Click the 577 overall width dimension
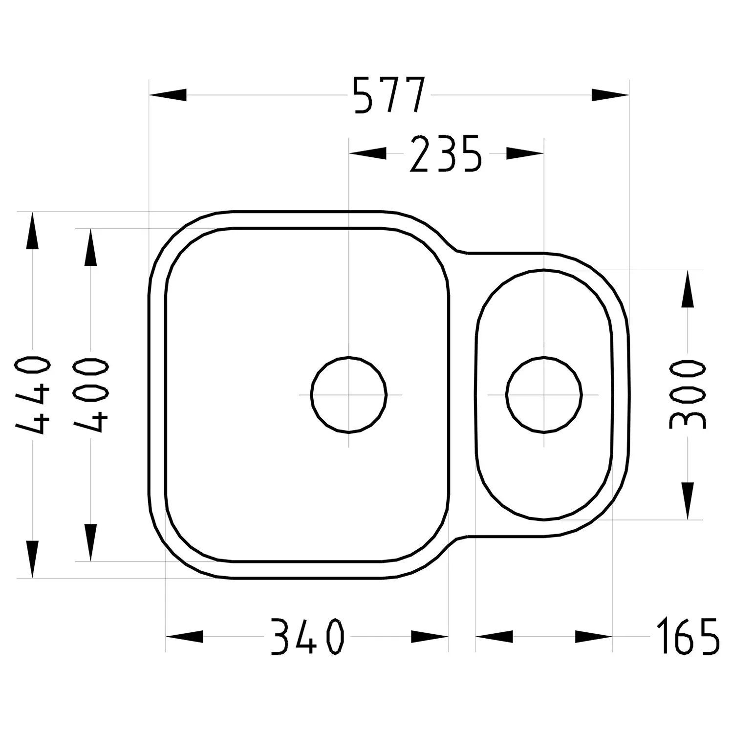pos(389,95)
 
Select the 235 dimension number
pos(446,154)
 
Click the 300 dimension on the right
pos(687,394)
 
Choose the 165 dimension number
pos(688,636)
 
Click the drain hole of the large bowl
pos(349,394)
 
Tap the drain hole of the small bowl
pos(544,394)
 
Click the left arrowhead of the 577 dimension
pos(168,95)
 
